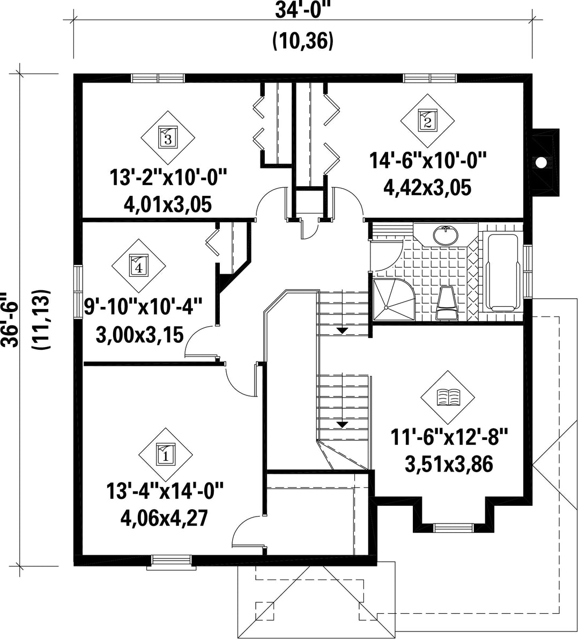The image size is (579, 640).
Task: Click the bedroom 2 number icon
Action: [427, 121]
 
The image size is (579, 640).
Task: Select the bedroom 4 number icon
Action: [138, 266]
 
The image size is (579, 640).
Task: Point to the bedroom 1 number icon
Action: [166, 454]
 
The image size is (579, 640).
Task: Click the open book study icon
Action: [448, 397]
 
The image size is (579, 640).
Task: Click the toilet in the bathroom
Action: [447, 303]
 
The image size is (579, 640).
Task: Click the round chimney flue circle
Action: [540, 162]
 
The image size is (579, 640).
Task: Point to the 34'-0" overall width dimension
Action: [302, 10]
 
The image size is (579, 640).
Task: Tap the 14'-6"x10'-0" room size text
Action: [428, 160]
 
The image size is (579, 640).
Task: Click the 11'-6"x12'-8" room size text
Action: [448, 438]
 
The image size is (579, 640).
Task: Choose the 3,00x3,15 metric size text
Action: [139, 335]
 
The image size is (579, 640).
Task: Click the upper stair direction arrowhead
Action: [342, 330]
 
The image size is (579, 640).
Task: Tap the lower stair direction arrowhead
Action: [342, 424]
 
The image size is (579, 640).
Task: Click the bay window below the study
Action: [454, 528]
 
